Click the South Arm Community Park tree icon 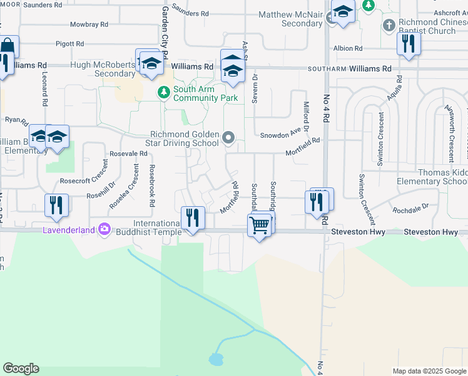pyautogui.click(x=164, y=93)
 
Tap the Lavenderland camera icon pyautogui.click(x=104, y=230)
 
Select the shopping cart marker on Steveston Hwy pyautogui.click(x=259, y=224)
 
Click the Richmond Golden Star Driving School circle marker pyautogui.click(x=229, y=137)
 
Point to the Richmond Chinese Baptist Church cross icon pyautogui.click(x=389, y=26)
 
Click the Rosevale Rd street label pyautogui.click(x=128, y=153)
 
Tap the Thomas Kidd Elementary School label pyautogui.click(x=432, y=177)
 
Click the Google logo pyautogui.click(x=21, y=368)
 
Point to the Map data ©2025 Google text pyautogui.click(x=429, y=371)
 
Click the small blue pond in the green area pyautogui.click(x=216, y=360)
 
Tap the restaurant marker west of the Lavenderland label pyautogui.click(x=56, y=205)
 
